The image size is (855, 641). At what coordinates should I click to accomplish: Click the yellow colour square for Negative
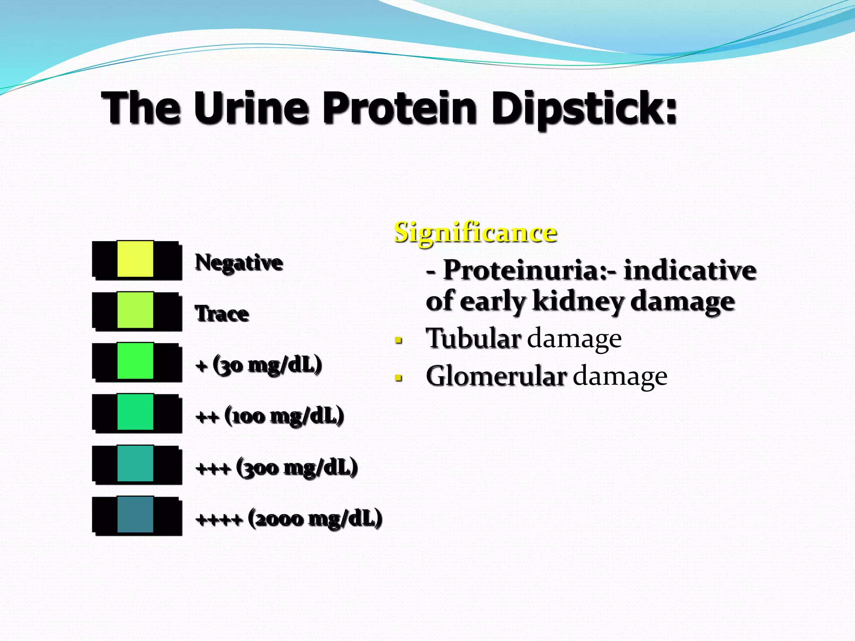click(x=135, y=259)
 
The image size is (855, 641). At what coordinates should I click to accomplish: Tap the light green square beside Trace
click(x=135, y=310)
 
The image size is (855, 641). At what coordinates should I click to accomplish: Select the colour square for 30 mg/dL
click(x=135, y=361)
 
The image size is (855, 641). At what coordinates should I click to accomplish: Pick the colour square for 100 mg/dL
click(x=135, y=412)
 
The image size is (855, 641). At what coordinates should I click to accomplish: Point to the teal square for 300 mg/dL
click(x=135, y=463)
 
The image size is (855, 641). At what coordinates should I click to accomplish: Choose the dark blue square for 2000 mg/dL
click(x=135, y=515)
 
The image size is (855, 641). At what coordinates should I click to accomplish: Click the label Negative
click(x=239, y=262)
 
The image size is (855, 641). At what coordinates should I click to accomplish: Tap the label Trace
click(x=222, y=314)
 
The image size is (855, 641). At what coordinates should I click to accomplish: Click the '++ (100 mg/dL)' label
click(x=270, y=416)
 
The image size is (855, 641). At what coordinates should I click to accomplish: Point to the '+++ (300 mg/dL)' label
click(x=277, y=467)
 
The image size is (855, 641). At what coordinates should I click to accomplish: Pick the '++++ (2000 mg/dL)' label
click(x=289, y=519)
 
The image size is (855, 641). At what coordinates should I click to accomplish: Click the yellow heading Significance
click(x=475, y=232)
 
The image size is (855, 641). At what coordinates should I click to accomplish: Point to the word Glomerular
click(x=496, y=376)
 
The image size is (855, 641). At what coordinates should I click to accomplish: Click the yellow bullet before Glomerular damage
click(x=399, y=378)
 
